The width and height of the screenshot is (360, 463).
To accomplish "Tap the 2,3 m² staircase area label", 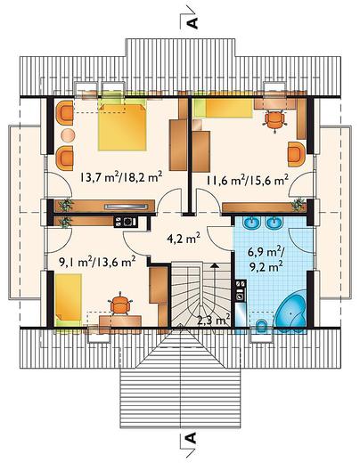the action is [x=214, y=321].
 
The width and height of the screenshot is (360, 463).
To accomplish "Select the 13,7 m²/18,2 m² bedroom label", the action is [x=120, y=177].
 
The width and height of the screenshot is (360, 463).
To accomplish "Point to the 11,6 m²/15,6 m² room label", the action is [x=248, y=180].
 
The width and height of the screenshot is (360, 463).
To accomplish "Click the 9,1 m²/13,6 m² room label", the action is [x=97, y=262].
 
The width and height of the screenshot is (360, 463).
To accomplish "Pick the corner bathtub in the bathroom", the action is [x=290, y=312].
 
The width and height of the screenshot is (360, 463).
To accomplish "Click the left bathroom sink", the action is [x=252, y=223].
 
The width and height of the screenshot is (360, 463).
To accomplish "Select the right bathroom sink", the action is [x=274, y=223].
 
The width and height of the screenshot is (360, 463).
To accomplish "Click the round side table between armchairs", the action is [x=68, y=135].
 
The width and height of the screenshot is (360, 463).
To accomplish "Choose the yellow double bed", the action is [x=122, y=126].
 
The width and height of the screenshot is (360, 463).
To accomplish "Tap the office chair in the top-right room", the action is [x=275, y=120].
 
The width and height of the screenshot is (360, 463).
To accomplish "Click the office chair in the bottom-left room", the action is [x=120, y=304].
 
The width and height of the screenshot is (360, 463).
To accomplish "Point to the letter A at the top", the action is [x=193, y=23].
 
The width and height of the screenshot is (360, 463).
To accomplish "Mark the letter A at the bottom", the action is [x=191, y=437].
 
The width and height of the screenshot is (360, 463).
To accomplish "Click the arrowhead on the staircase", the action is [x=215, y=265].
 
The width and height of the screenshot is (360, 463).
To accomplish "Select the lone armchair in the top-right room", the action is [x=297, y=154].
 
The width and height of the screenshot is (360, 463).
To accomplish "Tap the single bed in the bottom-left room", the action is [x=69, y=300].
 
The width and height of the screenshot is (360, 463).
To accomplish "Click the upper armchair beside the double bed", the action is [x=64, y=113].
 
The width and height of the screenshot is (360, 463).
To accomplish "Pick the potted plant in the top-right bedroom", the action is [x=298, y=205].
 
